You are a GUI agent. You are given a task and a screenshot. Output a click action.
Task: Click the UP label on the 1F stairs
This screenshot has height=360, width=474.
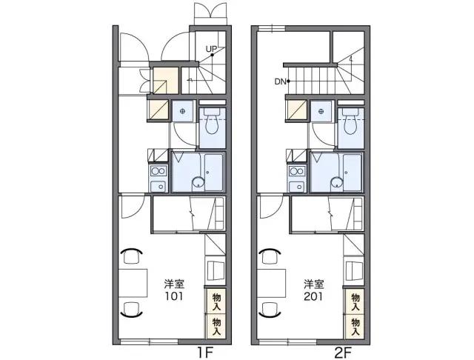(211, 49)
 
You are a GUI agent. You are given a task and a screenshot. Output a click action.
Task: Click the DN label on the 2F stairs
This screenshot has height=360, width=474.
(280, 81)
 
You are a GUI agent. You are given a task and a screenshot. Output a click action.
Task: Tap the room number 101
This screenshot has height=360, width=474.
(174, 296)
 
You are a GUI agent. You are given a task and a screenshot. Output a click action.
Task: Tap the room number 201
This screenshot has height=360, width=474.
(313, 296)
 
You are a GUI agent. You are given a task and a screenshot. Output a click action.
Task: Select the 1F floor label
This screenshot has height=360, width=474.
(205, 353)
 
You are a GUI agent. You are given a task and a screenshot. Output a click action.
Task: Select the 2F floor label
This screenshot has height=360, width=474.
(344, 353)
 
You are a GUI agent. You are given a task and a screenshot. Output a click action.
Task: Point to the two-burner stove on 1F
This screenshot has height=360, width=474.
(158, 171)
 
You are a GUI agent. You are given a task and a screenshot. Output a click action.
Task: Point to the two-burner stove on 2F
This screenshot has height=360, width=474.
(297, 171)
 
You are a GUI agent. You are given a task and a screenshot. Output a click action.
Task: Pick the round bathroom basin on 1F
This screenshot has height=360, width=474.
(198, 182)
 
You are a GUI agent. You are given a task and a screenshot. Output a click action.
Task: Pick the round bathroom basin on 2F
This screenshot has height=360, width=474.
(336, 182)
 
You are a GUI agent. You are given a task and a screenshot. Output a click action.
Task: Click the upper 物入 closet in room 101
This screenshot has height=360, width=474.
(216, 301)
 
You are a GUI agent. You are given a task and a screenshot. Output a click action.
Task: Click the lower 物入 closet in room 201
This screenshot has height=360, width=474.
(355, 327)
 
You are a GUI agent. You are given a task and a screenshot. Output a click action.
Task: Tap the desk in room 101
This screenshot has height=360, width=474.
(133, 283)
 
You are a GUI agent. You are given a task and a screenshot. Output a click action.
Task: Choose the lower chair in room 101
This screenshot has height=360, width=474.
(132, 310)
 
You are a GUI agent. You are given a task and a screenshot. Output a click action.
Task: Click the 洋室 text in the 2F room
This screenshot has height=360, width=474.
(314, 284)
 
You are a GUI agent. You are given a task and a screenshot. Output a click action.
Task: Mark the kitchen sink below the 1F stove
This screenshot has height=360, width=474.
(158, 186)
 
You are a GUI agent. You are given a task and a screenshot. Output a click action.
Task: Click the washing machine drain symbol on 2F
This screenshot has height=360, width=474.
(321, 111)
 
